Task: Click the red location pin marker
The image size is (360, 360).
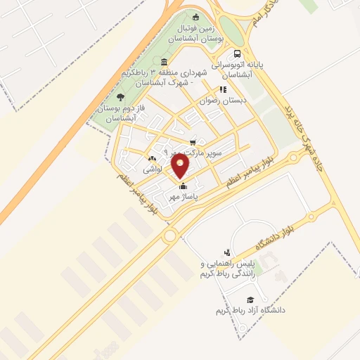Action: (181, 167)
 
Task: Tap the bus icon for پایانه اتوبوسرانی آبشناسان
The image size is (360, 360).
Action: (237, 53)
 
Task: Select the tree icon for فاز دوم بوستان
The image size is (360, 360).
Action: (121, 97)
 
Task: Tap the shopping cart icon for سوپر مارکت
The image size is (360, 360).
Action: (193, 143)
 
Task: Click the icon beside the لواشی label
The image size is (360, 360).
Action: (153, 158)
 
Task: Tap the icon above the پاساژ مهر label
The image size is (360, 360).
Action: (184, 186)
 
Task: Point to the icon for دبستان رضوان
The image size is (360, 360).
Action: (223, 89)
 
